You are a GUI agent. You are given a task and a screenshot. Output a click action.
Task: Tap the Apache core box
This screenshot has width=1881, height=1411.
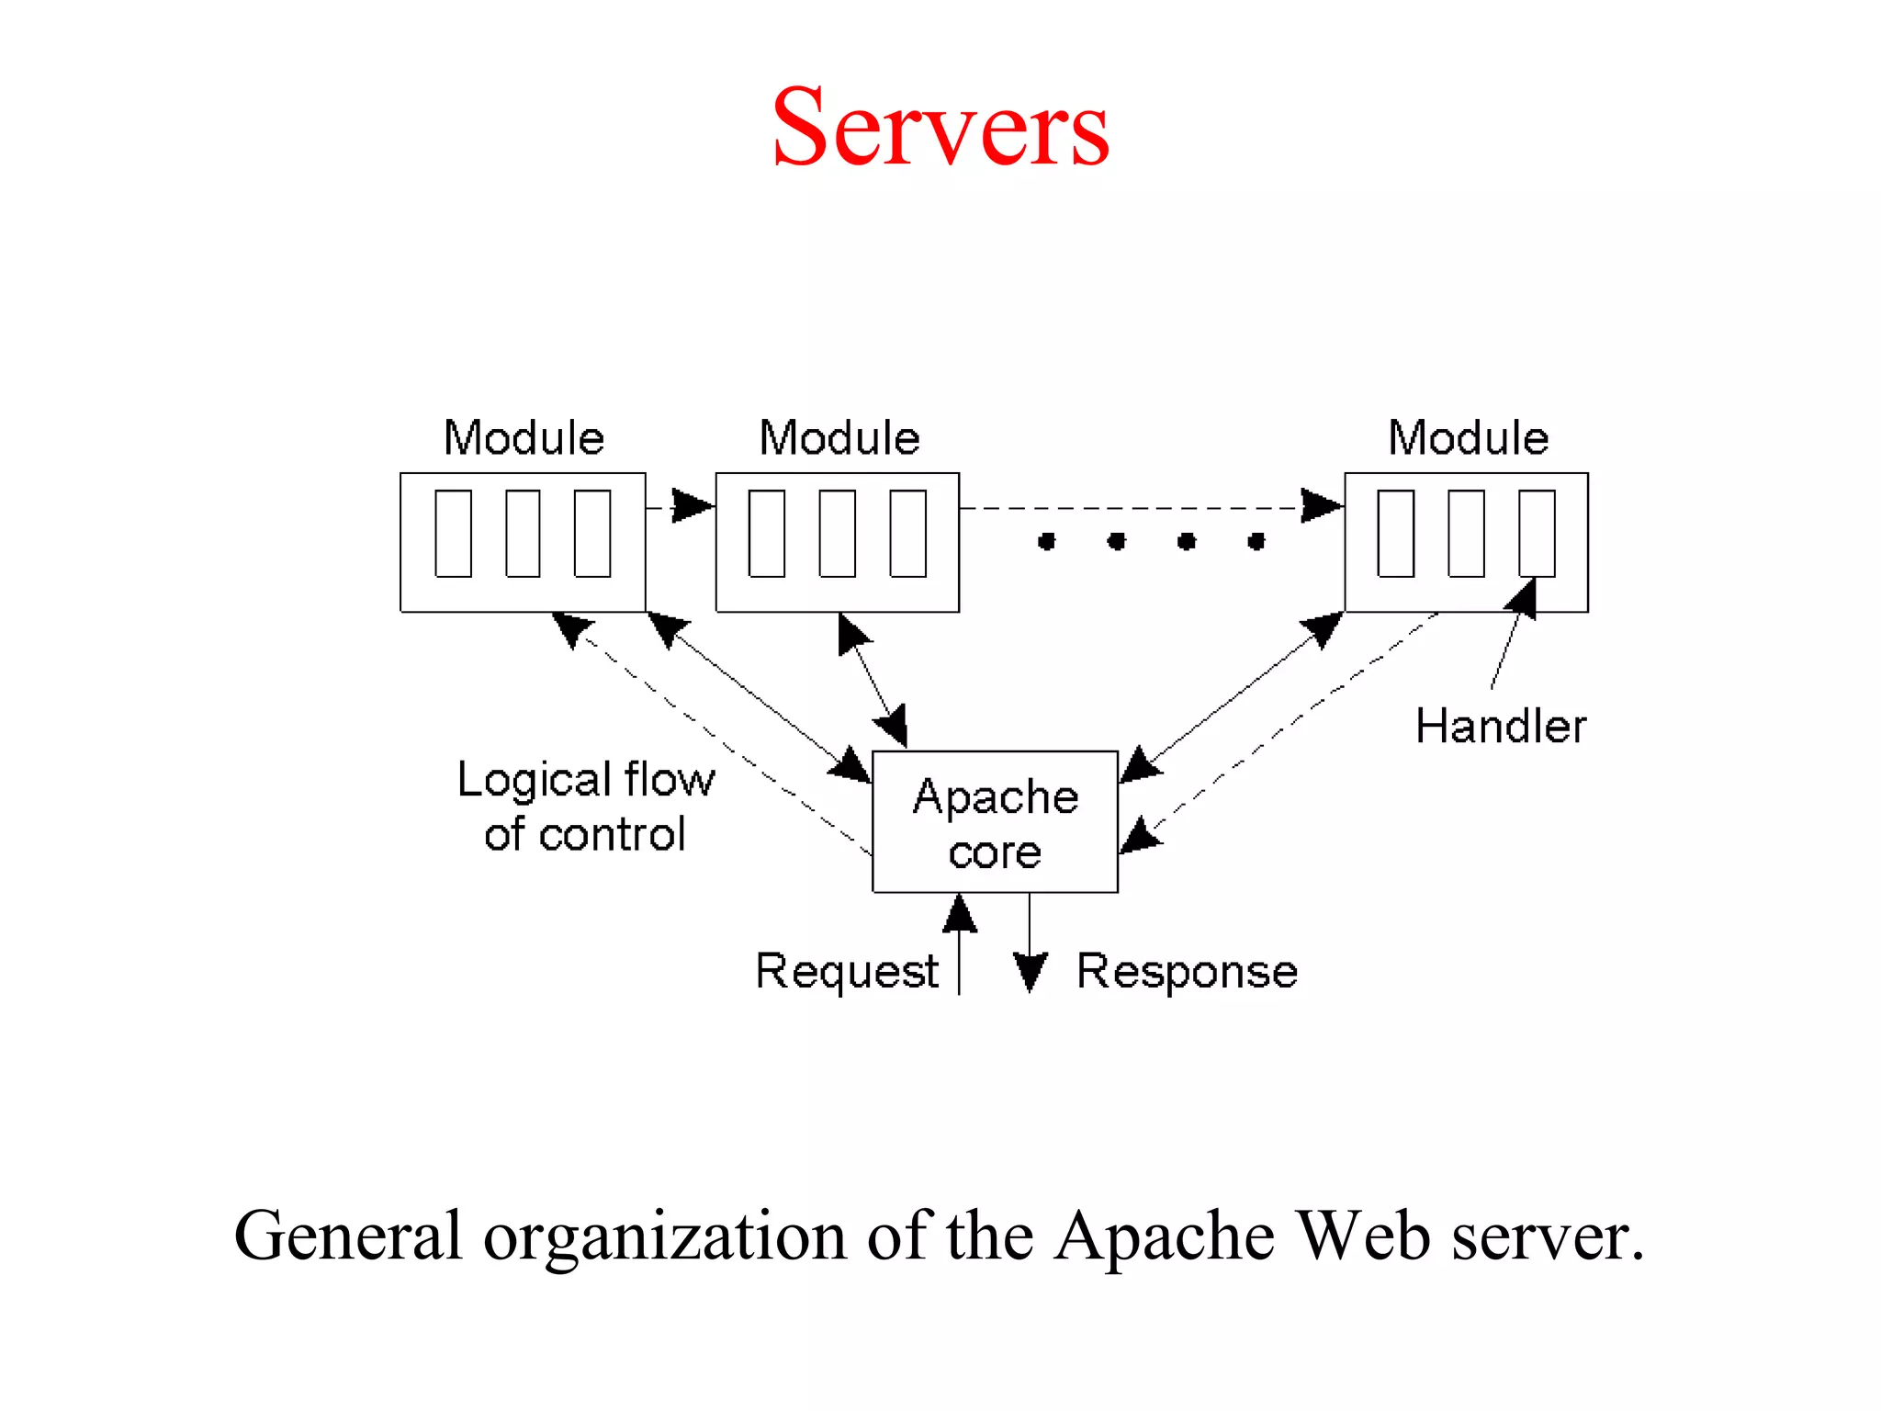pyautogui.click(x=995, y=821)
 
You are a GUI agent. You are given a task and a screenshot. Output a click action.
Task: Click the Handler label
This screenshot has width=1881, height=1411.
pyautogui.click(x=1501, y=726)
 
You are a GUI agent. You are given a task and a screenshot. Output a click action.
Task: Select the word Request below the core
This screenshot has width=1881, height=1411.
pyautogui.click(x=846, y=971)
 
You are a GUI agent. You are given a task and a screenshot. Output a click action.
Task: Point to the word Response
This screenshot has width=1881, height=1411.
pyautogui.click(x=1187, y=971)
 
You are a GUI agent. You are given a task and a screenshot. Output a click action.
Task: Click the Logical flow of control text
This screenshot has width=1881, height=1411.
pyautogui.click(x=585, y=807)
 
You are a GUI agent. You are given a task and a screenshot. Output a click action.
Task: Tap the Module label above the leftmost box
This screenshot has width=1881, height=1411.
pyautogui.click(x=524, y=437)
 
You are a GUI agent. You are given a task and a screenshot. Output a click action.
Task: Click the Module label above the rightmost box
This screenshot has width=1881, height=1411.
pyautogui.click(x=1468, y=437)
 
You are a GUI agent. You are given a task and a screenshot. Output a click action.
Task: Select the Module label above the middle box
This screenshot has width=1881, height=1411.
pyautogui.click(x=839, y=437)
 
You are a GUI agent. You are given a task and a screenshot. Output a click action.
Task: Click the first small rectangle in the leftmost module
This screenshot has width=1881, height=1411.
pyautogui.click(x=453, y=533)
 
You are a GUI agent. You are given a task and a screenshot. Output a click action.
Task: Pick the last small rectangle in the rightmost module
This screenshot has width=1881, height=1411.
pyautogui.click(x=1537, y=533)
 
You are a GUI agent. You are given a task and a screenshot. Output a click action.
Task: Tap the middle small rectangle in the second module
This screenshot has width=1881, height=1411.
pyautogui.click(x=837, y=533)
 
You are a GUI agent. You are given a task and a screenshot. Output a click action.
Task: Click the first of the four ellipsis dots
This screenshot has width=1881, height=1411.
pyautogui.click(x=1046, y=541)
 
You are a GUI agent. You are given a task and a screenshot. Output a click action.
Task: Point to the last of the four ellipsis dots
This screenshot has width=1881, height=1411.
pyautogui.click(x=1256, y=541)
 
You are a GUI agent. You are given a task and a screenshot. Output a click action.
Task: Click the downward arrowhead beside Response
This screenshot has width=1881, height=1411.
pyautogui.click(x=1031, y=972)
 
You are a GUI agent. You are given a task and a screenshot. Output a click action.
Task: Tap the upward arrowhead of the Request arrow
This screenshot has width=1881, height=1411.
pyautogui.click(x=960, y=913)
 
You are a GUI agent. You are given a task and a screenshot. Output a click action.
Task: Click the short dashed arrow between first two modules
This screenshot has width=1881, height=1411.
pyautogui.click(x=681, y=506)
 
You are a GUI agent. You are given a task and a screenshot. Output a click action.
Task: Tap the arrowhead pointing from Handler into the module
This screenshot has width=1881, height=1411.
pyautogui.click(x=1524, y=597)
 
